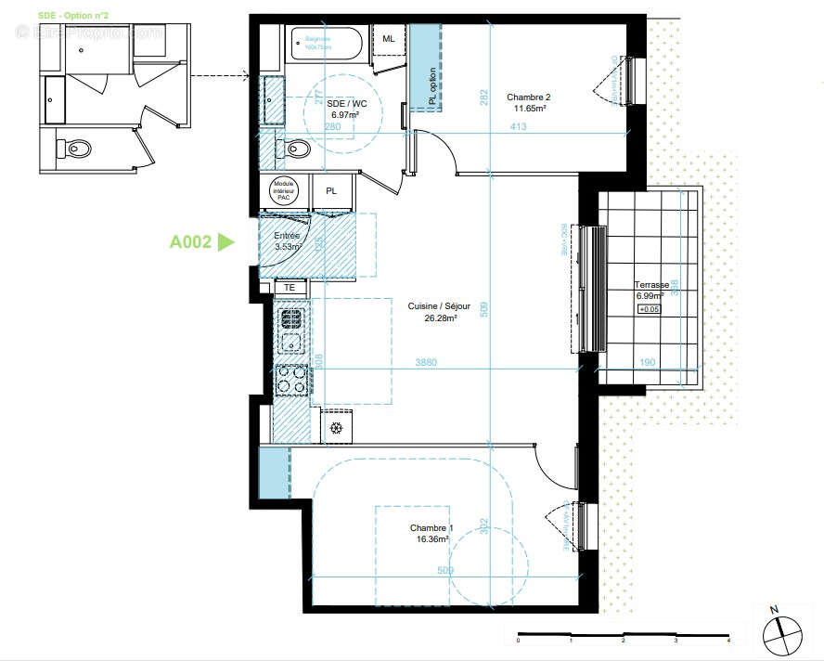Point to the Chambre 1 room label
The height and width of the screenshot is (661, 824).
430,533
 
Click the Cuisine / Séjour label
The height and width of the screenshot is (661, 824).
439,312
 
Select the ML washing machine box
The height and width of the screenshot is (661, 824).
387,37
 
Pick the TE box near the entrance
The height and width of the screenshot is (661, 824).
290,288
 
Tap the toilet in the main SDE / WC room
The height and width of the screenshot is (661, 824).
297,148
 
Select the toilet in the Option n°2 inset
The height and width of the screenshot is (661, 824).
74,149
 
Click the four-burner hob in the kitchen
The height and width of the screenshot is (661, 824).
292,378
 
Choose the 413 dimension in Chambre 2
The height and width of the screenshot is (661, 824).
518,127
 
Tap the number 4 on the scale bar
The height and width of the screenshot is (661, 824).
728,641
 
